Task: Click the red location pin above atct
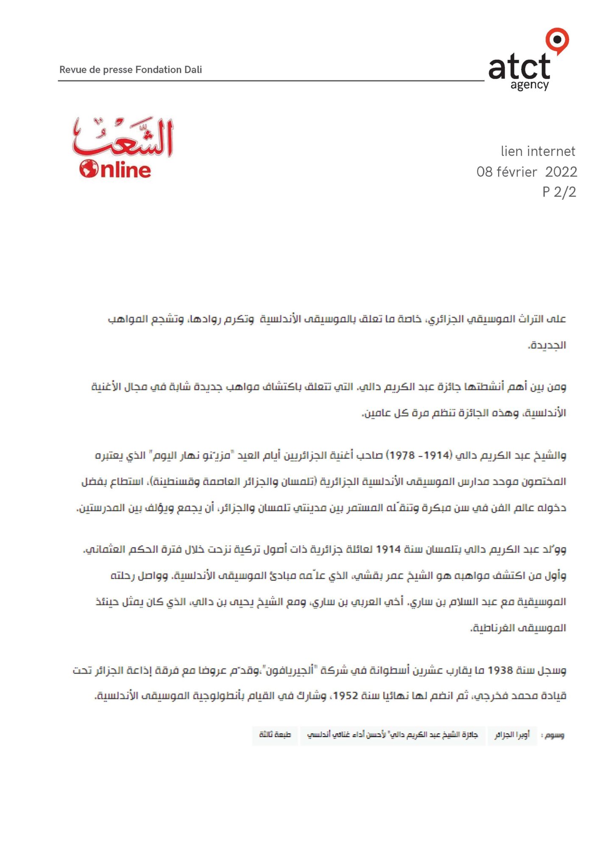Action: pos(557,40)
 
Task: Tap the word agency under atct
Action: pos(530,85)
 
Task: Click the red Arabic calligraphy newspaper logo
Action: pos(123,136)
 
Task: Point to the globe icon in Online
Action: pos(89,169)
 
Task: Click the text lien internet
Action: pos(538,151)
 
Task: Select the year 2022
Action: pos(561,172)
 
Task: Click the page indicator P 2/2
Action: pos(559,192)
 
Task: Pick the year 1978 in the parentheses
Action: pos(402,455)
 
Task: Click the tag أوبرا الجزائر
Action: pos(512,734)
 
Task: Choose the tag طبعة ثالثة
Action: pos(275,734)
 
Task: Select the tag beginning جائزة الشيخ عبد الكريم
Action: pos(392,734)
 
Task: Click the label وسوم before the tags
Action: pos(554,735)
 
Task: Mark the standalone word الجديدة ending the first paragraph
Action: pos(547,345)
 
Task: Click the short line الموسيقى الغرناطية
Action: pos(519,628)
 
